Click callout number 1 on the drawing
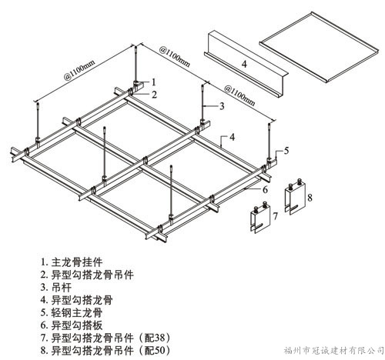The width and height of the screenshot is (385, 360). pyautogui.click(x=154, y=82)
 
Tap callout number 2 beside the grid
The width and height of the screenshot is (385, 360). pyautogui.click(x=154, y=95)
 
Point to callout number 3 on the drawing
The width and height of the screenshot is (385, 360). pyautogui.click(x=222, y=106)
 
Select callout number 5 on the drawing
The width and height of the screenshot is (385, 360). pyautogui.click(x=286, y=150)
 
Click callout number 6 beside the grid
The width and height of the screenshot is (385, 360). pyautogui.click(x=265, y=189)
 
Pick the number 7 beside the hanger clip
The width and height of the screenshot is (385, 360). pyautogui.click(x=275, y=216)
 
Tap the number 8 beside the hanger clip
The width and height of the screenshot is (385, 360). pyautogui.click(x=310, y=198)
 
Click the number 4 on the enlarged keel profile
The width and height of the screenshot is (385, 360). pyautogui.click(x=244, y=64)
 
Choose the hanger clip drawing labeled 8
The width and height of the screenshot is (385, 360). pyautogui.click(x=295, y=197)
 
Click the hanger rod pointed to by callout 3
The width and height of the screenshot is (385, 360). pyautogui.click(x=203, y=102)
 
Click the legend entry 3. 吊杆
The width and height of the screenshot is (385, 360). pyautogui.click(x=56, y=287)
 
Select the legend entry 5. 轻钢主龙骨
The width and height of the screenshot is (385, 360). pyautogui.click(x=72, y=312)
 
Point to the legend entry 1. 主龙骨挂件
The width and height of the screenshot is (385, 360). pyautogui.click(x=72, y=262)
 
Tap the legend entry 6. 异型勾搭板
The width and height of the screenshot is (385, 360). pyautogui.click(x=72, y=325)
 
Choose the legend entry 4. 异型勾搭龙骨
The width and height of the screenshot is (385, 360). pyautogui.click(x=77, y=300)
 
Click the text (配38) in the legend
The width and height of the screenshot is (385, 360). pyautogui.click(x=154, y=338)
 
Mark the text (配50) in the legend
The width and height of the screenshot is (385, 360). pyautogui.click(x=154, y=350)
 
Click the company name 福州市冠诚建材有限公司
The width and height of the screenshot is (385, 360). pyautogui.click(x=333, y=350)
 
